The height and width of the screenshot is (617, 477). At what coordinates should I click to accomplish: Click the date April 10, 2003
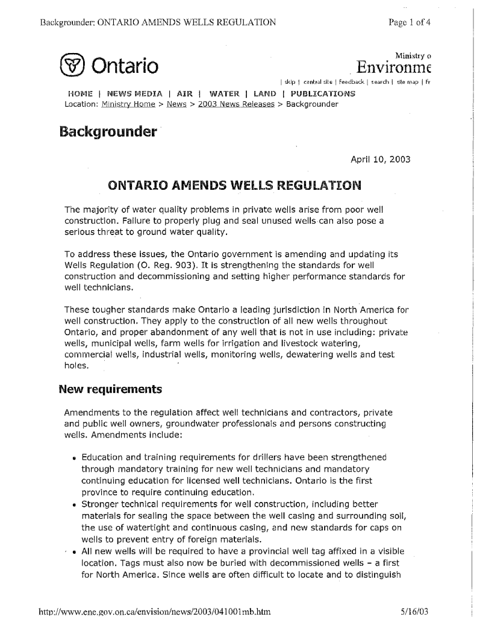tap(381, 160)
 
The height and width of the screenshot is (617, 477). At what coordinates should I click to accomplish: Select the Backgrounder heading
tap(108, 131)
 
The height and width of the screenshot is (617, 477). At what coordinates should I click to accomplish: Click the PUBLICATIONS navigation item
tap(323, 94)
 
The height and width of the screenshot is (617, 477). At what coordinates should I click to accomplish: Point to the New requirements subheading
tap(111, 389)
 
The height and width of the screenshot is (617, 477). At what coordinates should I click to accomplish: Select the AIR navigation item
tap(185, 94)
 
